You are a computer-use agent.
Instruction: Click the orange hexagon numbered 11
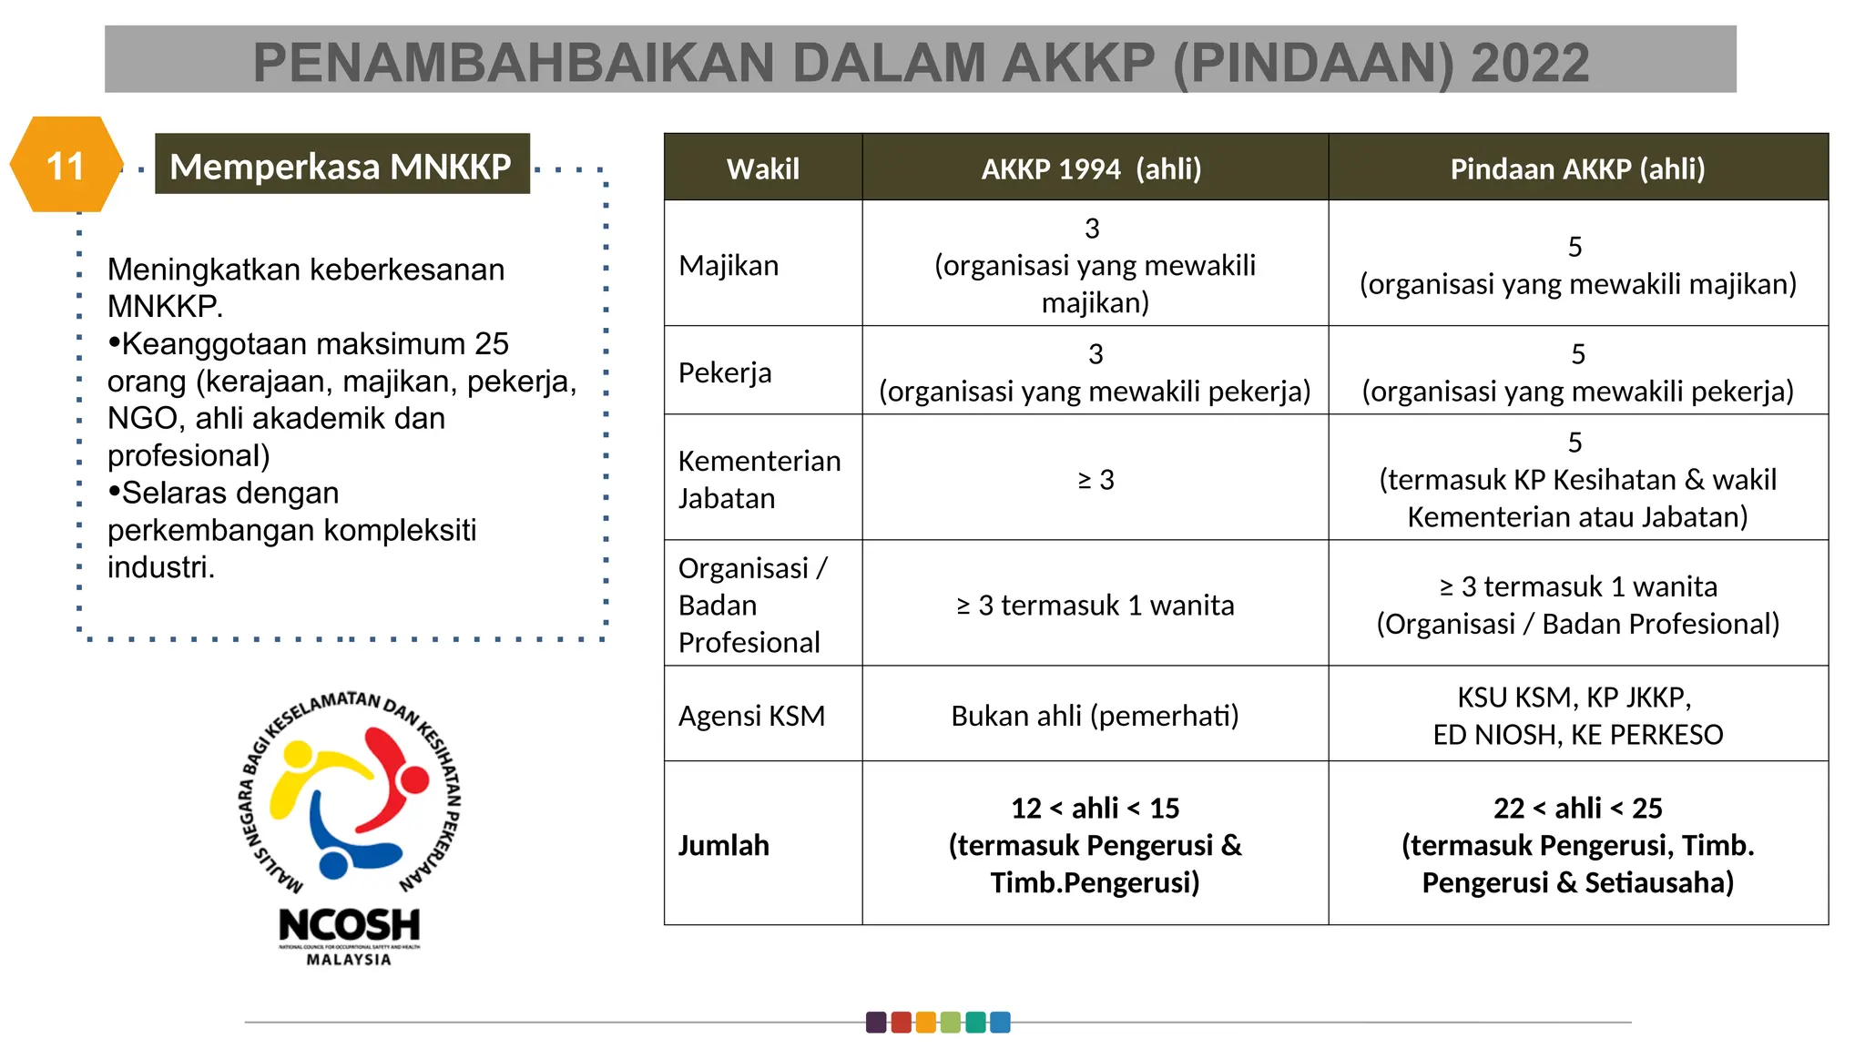click(x=66, y=166)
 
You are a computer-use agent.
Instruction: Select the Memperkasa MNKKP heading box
click(x=341, y=165)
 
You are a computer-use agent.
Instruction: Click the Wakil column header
click(x=762, y=168)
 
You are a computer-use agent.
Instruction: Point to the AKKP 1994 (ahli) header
click(x=1091, y=168)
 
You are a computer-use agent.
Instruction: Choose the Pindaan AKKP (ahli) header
click(x=1576, y=168)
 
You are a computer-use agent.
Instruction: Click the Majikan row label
click(x=729, y=265)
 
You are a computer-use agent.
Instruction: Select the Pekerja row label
click(x=725, y=372)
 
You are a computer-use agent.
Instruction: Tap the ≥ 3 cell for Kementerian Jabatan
click(x=1095, y=480)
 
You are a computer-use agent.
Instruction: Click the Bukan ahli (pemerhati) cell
click(x=1095, y=716)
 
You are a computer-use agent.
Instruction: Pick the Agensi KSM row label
click(x=751, y=716)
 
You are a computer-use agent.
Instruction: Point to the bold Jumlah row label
click(x=723, y=845)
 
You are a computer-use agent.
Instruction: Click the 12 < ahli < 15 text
click(x=1095, y=808)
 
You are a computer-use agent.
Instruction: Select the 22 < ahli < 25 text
click(x=1577, y=808)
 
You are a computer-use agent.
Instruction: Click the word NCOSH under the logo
click(x=349, y=925)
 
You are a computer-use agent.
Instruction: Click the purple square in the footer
click(x=876, y=1022)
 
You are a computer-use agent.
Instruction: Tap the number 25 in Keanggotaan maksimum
click(x=491, y=344)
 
